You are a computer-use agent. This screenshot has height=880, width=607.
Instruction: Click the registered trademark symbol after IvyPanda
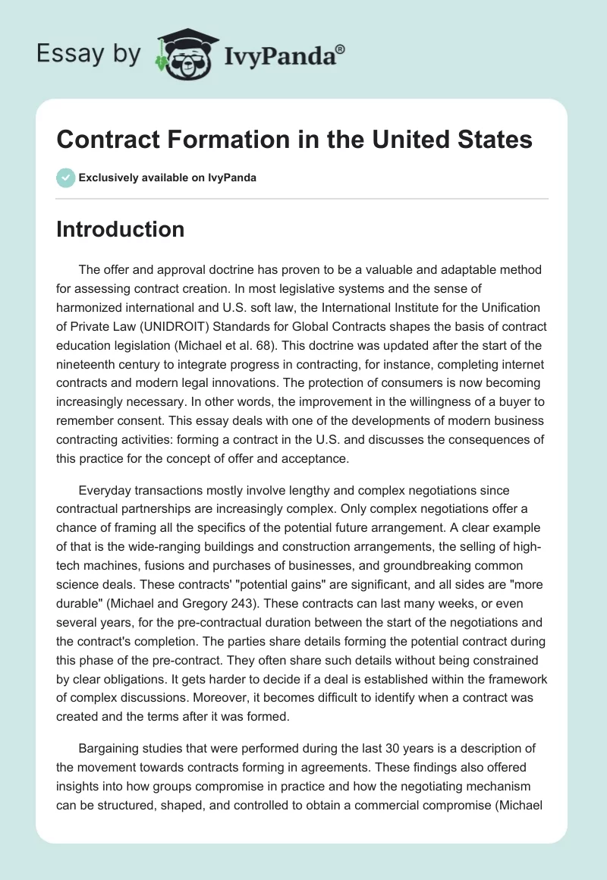(341, 48)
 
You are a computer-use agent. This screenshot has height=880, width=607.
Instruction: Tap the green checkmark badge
(65, 178)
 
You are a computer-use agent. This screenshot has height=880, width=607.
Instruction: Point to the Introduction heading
(120, 229)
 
